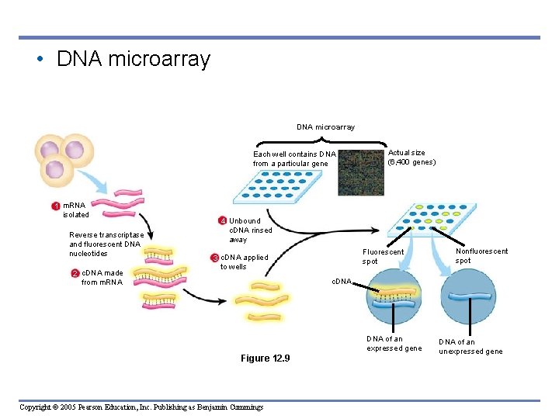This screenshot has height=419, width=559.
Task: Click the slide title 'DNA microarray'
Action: pyautogui.click(x=133, y=60)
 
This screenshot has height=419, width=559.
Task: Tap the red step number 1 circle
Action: pyautogui.click(x=55, y=206)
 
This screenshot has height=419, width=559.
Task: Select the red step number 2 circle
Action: pyautogui.click(x=75, y=273)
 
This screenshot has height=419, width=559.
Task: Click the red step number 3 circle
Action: pyautogui.click(x=215, y=258)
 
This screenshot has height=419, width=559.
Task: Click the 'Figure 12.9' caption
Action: pyautogui.click(x=265, y=358)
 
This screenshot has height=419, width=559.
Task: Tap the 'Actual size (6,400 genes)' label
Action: pyautogui.click(x=411, y=158)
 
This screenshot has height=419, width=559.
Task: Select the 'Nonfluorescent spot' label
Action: pyautogui.click(x=481, y=255)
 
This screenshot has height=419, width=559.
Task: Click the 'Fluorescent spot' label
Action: pyautogui.click(x=383, y=257)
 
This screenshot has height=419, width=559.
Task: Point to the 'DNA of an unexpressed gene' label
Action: pyautogui.click(x=470, y=347)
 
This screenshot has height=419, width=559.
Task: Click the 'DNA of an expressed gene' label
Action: pyautogui.click(x=394, y=344)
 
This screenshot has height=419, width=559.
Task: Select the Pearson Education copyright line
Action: pyautogui.click(x=141, y=407)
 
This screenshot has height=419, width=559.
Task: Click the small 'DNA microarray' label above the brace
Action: pyautogui.click(x=325, y=126)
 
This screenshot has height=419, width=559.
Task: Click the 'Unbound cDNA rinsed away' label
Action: pyautogui.click(x=250, y=230)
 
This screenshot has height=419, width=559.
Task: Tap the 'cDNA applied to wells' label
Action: pyautogui.click(x=245, y=262)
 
